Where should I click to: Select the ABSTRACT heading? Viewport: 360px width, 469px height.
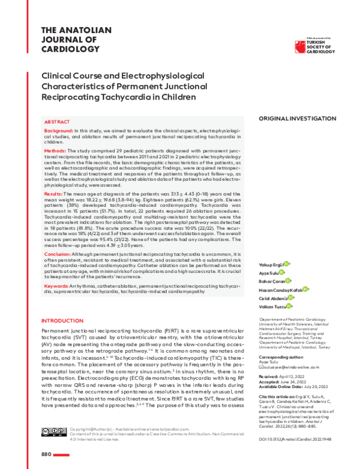(x=57, y=121)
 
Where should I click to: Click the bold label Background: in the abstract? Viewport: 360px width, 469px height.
(x=59, y=130)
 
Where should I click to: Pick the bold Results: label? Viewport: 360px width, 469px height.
(x=53, y=194)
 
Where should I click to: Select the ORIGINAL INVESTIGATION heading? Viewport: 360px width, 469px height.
(x=297, y=119)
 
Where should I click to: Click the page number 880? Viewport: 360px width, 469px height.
(x=47, y=454)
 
